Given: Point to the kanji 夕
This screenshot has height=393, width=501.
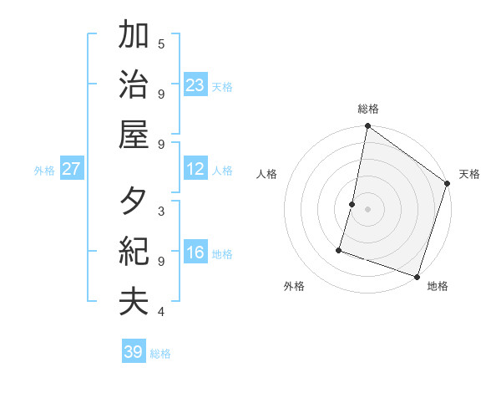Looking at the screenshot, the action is (134, 202).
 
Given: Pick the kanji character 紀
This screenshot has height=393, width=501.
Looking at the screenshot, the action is (134, 251).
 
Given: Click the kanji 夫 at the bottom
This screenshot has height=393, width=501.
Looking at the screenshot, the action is (134, 300).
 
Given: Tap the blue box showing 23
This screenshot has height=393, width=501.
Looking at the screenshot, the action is (195, 85).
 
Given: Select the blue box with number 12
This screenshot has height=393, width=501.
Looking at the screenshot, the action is (195, 169).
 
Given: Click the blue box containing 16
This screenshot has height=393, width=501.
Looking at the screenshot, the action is (195, 253).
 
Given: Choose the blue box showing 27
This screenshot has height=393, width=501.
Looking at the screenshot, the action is (72, 169).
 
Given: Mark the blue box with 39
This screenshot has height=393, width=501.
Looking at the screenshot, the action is (134, 352).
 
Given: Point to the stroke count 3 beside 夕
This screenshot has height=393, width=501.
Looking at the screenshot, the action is (161, 211).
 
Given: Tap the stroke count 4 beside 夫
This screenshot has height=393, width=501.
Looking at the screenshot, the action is (161, 312).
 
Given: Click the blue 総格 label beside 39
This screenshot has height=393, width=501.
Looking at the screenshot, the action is (160, 354).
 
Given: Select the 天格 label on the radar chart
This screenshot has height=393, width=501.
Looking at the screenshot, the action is (469, 174).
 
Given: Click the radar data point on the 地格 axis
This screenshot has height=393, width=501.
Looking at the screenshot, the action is (417, 276).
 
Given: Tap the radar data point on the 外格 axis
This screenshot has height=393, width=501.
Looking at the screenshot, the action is (339, 249).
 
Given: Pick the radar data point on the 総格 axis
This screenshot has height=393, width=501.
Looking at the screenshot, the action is (367, 127).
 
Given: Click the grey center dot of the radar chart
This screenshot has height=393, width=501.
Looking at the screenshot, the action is (367, 208).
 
